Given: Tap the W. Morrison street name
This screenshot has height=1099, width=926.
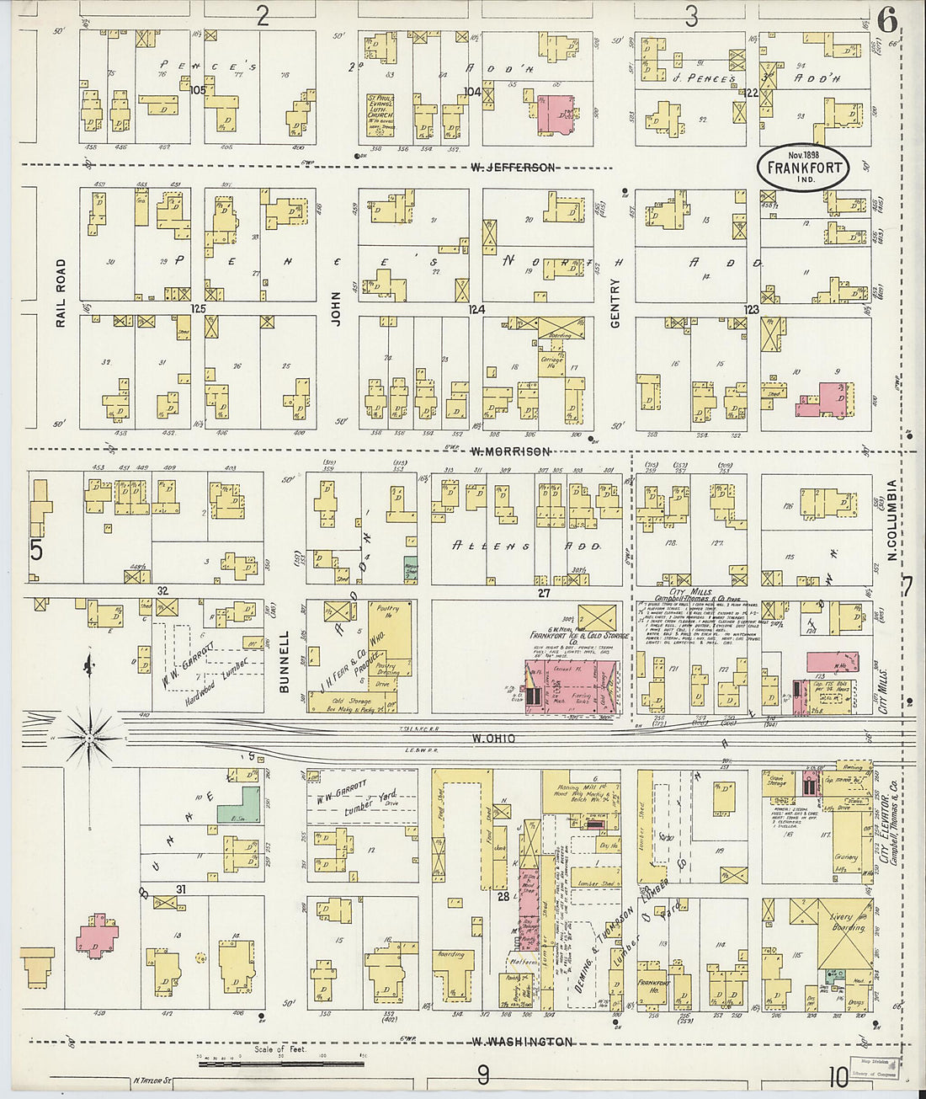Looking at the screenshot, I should click(511, 452).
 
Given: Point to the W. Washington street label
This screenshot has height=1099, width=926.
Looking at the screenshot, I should click(522, 1042).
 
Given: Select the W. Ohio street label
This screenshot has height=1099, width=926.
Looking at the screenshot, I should click(493, 739).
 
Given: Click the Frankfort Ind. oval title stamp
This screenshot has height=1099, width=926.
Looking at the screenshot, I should click(804, 168).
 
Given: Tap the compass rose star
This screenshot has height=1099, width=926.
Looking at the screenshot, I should click(89, 739).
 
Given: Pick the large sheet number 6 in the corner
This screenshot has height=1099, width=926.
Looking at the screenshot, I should click(886, 19).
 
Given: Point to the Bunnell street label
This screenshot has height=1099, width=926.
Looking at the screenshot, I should click(285, 661).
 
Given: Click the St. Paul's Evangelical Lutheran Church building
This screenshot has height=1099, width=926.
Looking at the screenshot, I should click(381, 116).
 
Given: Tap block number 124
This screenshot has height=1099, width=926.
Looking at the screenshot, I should click(476, 310).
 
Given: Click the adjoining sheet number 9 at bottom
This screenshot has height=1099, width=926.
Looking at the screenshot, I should click(483, 1075).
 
